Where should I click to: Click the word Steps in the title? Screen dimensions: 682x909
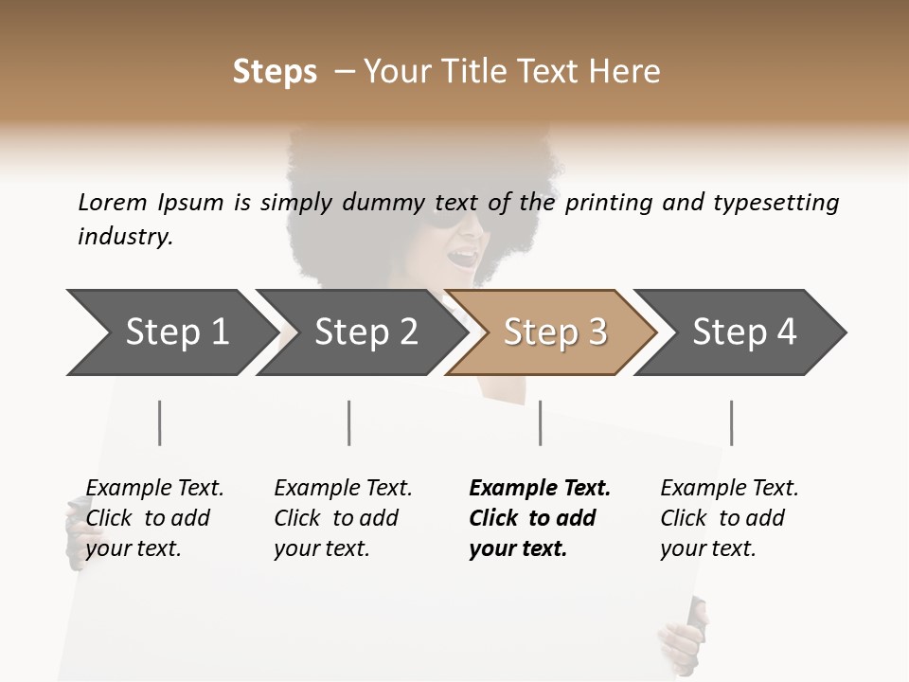[275, 72]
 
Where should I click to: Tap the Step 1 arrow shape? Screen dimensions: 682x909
[170, 332]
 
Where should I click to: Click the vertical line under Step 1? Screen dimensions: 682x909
[159, 422]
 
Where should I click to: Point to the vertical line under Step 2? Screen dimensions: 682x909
[349, 422]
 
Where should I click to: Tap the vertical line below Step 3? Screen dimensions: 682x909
[540, 422]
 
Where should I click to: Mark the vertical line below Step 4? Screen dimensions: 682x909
[731, 422]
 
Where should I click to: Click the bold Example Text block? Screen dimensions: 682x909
[540, 518]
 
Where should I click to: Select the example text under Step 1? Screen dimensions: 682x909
[154, 518]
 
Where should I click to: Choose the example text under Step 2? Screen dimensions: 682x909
[343, 518]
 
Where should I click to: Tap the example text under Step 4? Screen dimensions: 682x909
[729, 518]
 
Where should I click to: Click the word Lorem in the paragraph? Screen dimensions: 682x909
[113, 202]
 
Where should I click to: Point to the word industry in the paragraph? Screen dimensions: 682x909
[125, 237]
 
